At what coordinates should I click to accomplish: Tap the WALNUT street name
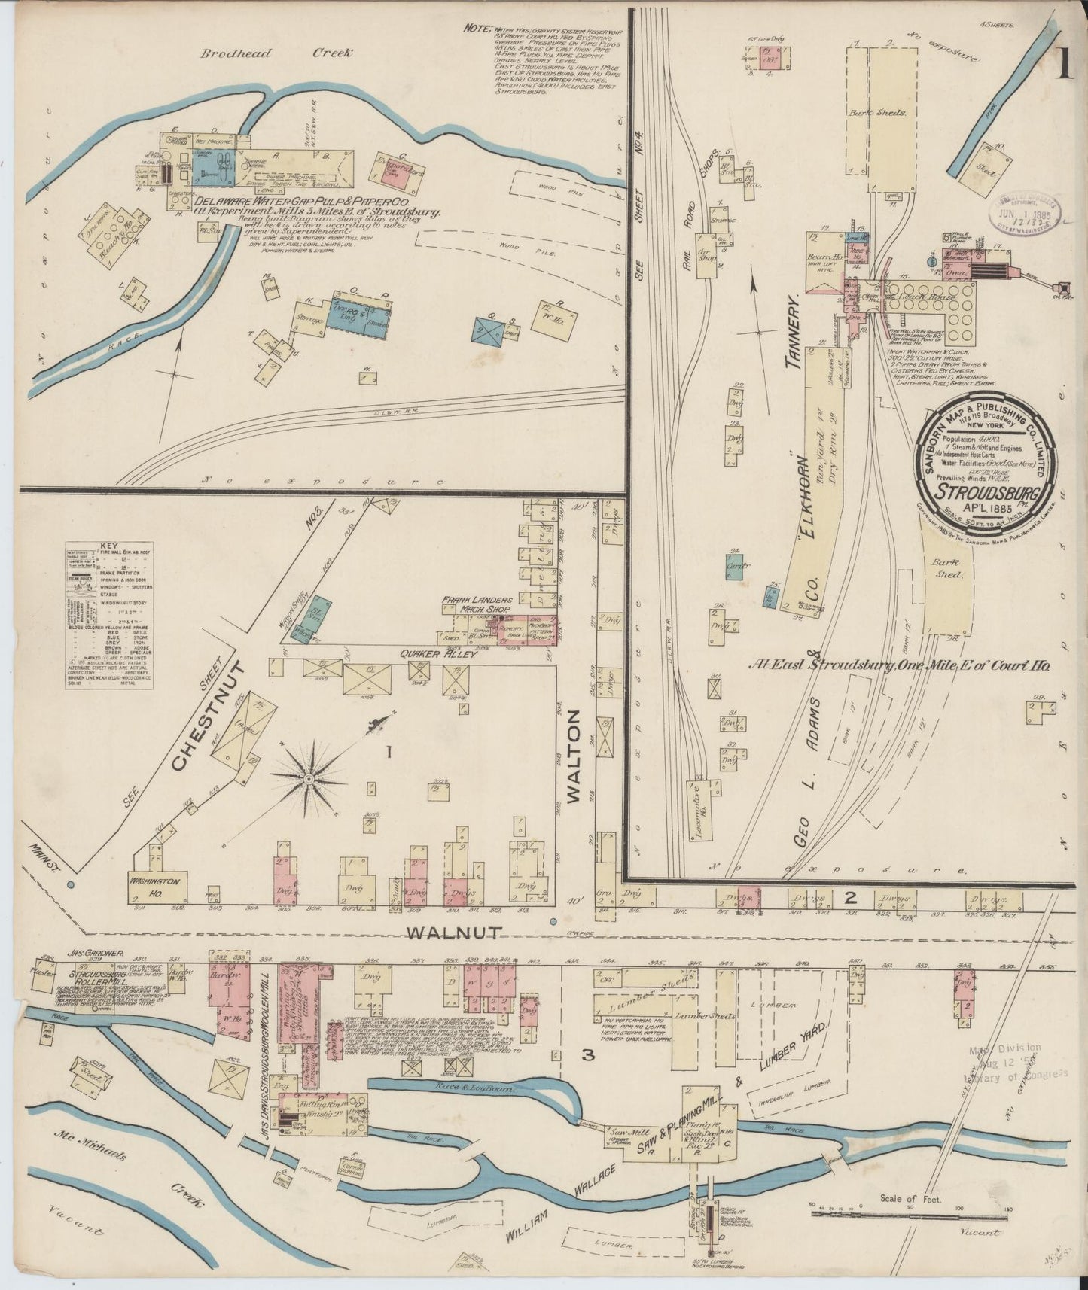454,933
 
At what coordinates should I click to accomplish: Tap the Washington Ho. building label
154,881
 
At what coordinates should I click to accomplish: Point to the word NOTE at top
476,27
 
